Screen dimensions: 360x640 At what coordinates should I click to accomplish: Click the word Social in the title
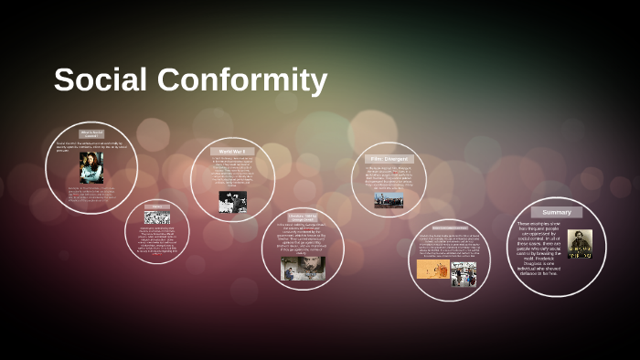click(100, 80)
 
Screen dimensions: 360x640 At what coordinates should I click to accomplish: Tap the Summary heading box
click(557, 212)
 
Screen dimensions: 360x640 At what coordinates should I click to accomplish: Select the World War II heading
click(232, 152)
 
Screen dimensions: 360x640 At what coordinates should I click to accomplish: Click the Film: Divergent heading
click(388, 159)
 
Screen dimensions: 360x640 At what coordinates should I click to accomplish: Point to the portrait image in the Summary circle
click(580, 243)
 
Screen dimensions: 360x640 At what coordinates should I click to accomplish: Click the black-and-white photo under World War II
click(232, 202)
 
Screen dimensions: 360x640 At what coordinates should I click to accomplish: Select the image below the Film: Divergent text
click(389, 199)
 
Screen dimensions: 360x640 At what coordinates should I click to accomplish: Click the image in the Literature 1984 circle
click(303, 267)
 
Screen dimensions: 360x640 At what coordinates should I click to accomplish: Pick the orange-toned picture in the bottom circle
click(432, 270)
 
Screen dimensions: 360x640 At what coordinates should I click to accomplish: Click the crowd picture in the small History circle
click(157, 217)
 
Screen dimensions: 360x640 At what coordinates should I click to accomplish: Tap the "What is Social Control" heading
click(91, 133)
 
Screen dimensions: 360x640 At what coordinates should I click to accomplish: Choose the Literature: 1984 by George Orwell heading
click(302, 217)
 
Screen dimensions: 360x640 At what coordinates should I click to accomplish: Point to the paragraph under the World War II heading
click(232, 173)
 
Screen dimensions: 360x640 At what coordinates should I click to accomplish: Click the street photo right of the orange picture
click(464, 273)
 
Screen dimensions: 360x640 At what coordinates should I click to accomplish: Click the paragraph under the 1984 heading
click(302, 238)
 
